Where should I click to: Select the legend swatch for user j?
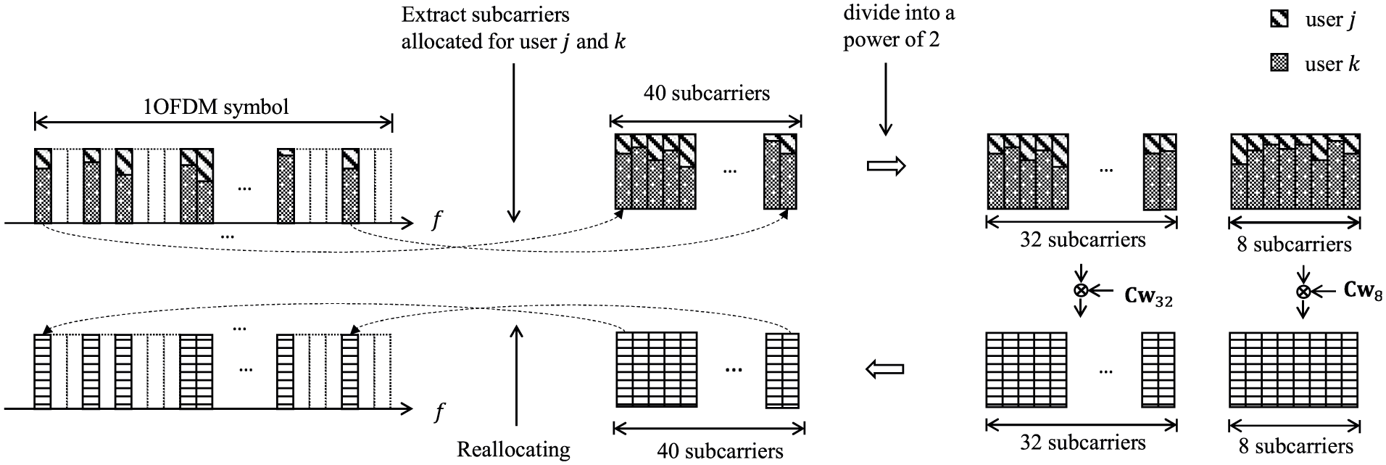(x=1279, y=20)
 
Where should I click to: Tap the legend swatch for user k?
(x=1279, y=64)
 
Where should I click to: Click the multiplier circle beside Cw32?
(x=1081, y=290)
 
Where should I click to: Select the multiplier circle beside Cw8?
(x=1303, y=292)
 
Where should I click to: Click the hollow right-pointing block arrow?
(x=887, y=166)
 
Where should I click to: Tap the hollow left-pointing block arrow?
(x=885, y=369)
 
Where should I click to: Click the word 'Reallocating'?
(x=513, y=449)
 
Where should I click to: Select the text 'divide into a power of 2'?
(x=898, y=26)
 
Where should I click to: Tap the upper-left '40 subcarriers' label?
(x=707, y=93)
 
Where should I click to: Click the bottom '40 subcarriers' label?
(x=720, y=451)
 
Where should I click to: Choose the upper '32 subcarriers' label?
(x=1083, y=239)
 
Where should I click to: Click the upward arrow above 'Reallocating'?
(x=515, y=375)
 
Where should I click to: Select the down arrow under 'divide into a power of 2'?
(x=885, y=99)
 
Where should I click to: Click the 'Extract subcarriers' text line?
(x=486, y=15)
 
